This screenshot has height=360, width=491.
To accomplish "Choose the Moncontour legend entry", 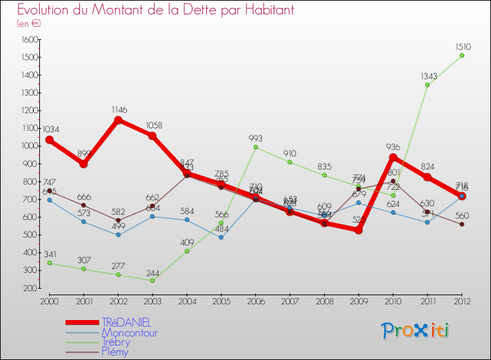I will pyautogui.click(x=130, y=333).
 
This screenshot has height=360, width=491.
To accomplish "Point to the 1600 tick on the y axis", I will pyautogui.click(x=29, y=39).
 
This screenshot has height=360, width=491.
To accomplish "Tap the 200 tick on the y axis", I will pyautogui.click(x=29, y=288).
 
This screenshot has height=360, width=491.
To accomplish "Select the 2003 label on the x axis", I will pyautogui.click(x=152, y=300).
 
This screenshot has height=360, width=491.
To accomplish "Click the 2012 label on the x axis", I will pyautogui.click(x=462, y=300).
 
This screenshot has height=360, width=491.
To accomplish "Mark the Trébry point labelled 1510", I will pyautogui.click(x=462, y=55).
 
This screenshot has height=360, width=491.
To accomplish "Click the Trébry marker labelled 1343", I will pyautogui.click(x=427, y=84).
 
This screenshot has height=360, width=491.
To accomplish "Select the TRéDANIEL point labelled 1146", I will pyautogui.click(x=118, y=120).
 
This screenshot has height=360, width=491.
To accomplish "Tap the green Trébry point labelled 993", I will pyautogui.click(x=255, y=147).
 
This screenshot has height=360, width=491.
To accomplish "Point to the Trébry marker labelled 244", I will pyautogui.click(x=152, y=280).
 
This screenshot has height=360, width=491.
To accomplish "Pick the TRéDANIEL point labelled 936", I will pyautogui.click(x=393, y=157).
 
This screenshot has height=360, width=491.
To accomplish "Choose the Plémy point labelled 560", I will pyautogui.click(x=462, y=224).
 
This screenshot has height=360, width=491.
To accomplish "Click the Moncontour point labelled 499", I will pyautogui.click(x=118, y=235).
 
